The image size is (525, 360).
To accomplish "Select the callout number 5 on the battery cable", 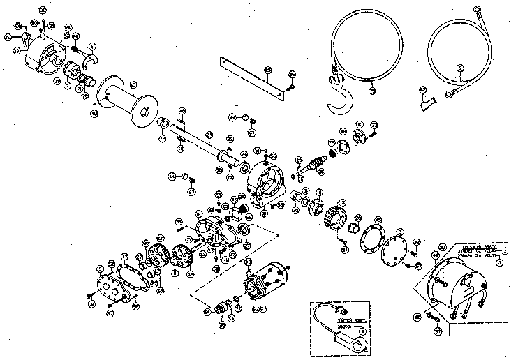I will click(459, 68).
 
